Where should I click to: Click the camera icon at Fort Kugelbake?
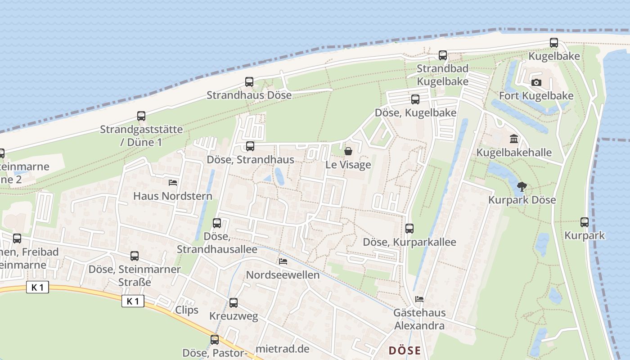point(536,82)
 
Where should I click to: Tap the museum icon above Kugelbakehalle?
point(513,139)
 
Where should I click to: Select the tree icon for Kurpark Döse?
point(522,186)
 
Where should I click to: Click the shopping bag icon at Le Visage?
point(348,151)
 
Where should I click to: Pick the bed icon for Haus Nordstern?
point(172,182)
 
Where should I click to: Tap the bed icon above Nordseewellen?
point(283,261)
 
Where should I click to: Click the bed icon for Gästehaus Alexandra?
point(419,299)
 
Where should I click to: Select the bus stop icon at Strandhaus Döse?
point(249,82)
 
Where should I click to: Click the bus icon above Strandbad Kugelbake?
point(443,55)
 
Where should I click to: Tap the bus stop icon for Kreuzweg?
point(233,303)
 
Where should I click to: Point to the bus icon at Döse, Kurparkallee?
point(409,229)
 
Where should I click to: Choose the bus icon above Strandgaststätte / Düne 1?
point(141,116)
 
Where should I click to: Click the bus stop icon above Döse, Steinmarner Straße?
point(134,256)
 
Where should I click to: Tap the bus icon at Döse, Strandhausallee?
point(217,223)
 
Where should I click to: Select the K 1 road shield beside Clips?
point(133,301)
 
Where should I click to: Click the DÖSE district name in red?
point(405,351)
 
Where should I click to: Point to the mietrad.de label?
point(282,349)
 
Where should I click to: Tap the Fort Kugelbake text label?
point(536,96)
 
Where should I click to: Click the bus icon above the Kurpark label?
point(584,222)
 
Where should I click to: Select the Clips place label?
point(186,310)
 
